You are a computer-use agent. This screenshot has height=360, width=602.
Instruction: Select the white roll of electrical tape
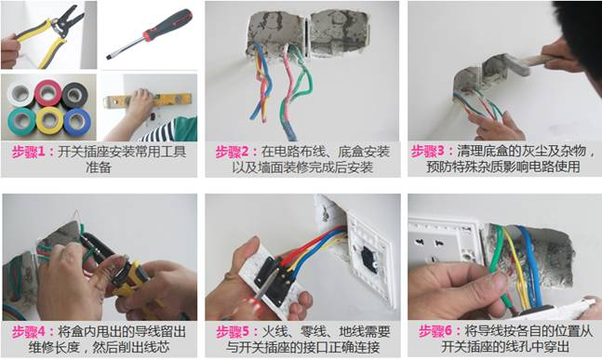19,94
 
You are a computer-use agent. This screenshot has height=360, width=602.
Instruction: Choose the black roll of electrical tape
76,94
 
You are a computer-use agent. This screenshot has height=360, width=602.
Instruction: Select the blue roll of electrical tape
77,121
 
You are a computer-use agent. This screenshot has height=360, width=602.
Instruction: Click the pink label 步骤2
233,151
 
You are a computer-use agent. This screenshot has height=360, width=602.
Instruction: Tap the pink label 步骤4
30,332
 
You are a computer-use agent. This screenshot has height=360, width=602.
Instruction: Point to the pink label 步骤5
233,332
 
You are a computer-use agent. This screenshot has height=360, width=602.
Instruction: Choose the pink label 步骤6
435,332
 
